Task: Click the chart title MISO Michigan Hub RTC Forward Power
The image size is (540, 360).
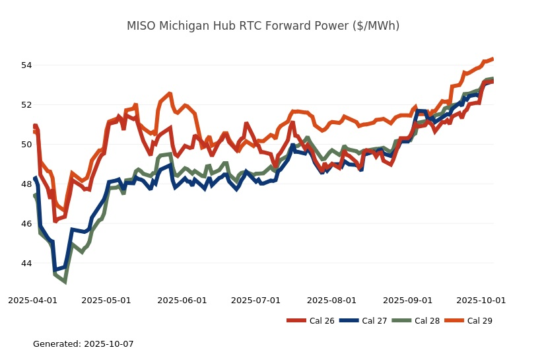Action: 263,26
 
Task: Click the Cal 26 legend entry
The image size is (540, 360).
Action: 321,321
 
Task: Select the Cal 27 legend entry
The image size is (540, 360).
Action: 374,321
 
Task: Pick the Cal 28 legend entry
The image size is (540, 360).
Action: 426,321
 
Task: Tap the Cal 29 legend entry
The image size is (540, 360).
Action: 479,321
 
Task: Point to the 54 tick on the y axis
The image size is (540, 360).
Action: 26,65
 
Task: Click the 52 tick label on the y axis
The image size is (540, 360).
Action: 26,105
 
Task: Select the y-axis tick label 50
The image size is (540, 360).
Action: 26,145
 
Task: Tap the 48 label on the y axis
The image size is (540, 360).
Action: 26,184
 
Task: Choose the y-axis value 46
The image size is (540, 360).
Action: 26,224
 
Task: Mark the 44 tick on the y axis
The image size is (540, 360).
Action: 26,264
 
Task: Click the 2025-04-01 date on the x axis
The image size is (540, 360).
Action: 32,300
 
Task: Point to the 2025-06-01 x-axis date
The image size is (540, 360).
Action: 183,300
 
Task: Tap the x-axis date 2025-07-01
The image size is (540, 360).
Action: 256,300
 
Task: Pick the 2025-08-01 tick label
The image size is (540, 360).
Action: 332,300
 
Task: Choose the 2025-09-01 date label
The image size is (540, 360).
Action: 407,300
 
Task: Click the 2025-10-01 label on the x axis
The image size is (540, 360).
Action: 481,300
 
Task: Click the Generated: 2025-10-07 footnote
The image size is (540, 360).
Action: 83,344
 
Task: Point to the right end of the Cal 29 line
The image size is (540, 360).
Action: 492,59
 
